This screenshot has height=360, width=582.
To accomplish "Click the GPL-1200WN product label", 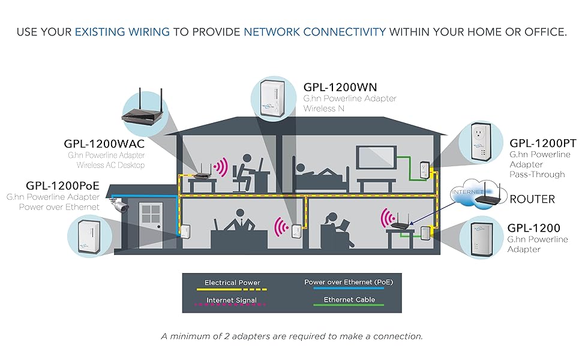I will [340, 86].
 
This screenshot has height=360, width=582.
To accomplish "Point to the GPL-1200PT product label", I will [542, 143].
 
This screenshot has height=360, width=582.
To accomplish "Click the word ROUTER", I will [532, 199].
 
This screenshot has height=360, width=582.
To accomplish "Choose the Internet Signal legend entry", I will [231, 300].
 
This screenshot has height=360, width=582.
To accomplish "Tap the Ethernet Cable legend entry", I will [349, 299].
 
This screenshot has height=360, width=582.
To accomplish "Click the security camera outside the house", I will [119, 204].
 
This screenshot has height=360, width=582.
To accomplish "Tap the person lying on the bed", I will [318, 172].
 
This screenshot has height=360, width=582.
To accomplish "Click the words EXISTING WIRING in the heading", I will [123, 32].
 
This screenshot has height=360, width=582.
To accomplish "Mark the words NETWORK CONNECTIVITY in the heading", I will [314, 32].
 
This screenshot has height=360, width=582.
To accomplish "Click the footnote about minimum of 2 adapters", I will [292, 336].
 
